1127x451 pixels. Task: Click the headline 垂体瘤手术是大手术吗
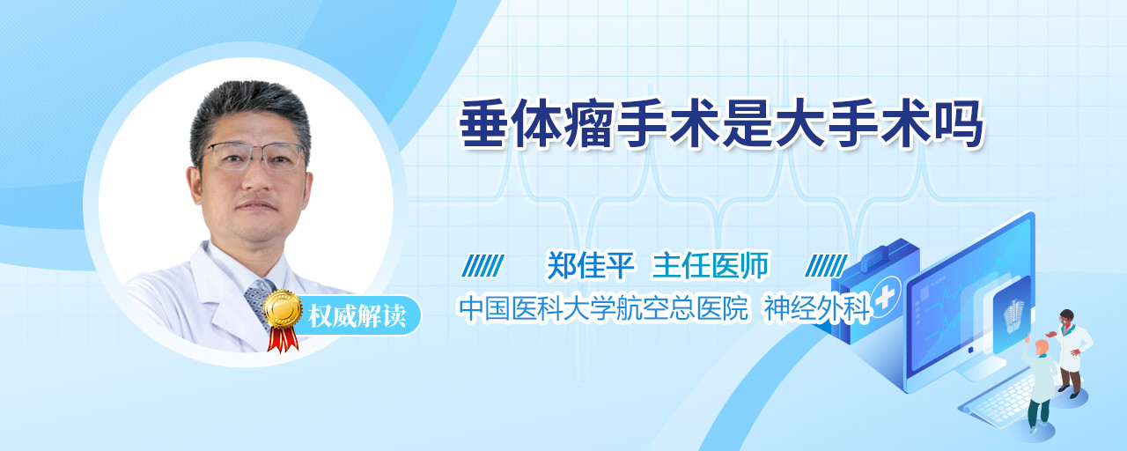pyautogui.click(x=721, y=124)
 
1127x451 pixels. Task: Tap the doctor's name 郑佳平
pyautogui.click(x=590, y=265)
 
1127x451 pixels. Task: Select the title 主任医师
pyautogui.click(x=710, y=265)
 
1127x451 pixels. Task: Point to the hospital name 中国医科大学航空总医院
pyautogui.click(x=604, y=308)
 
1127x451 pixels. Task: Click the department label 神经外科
pyautogui.click(x=817, y=308)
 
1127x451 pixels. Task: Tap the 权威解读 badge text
pyautogui.click(x=357, y=316)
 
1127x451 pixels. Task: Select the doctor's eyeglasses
pyautogui.click(x=254, y=156)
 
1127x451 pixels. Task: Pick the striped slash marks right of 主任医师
pyautogui.click(x=826, y=266)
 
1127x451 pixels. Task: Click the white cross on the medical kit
pyautogui.click(x=884, y=297)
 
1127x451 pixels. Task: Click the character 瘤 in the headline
pyautogui.click(x=589, y=124)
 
